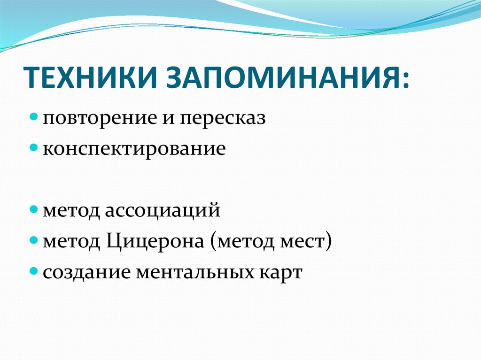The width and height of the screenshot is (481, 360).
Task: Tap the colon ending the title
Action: click(x=405, y=80)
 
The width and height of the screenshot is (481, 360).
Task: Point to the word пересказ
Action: click(x=222, y=119)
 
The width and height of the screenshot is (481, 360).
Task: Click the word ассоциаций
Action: click(x=163, y=211)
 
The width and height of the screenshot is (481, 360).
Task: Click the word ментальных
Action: click(x=195, y=272)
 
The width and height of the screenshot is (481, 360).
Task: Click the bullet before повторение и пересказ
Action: click(x=34, y=117)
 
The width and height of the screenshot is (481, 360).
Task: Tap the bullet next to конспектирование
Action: click(x=34, y=147)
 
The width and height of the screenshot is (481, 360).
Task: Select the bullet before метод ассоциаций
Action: click(x=34, y=209)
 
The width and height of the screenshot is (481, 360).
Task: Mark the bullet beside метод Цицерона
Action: click(x=34, y=240)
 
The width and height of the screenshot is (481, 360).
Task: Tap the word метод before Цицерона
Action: click(x=71, y=242)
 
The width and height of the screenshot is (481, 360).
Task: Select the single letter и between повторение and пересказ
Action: click(x=168, y=119)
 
